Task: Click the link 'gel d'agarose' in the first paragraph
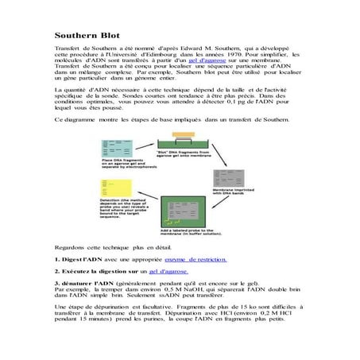207,60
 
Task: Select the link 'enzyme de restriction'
195,259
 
